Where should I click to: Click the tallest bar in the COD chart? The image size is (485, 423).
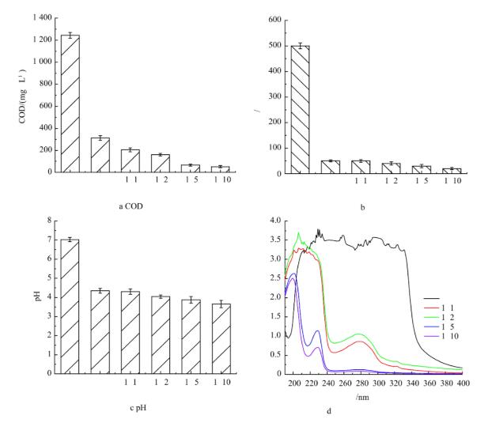[x=70, y=103]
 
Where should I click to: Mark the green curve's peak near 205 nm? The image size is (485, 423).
[x=298, y=232]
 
